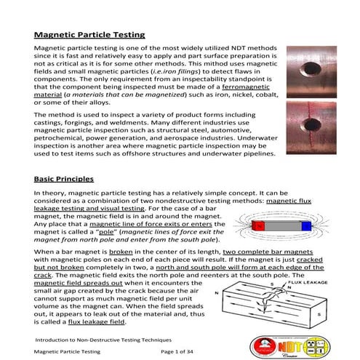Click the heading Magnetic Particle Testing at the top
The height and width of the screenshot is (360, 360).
[89, 34]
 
